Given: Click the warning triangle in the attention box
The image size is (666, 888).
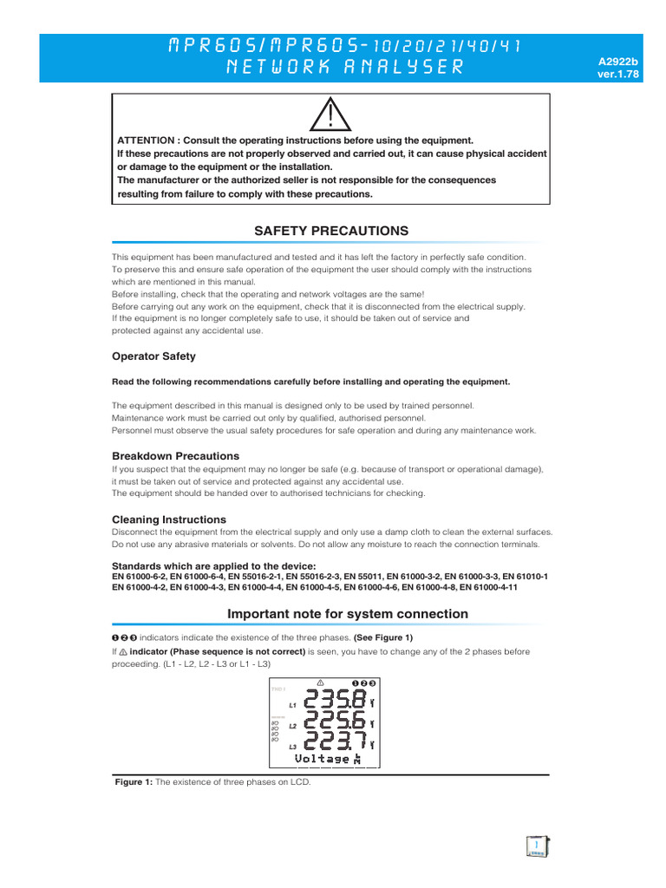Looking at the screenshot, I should tap(332, 115).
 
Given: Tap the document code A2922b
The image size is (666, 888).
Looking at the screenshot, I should tap(618, 62).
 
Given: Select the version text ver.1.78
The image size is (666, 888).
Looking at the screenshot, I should tap(618, 75).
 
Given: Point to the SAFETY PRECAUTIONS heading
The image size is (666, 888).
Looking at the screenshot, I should tap(330, 231).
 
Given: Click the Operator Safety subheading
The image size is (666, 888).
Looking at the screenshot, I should tap(153, 356).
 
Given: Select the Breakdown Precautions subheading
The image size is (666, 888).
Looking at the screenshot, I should tap(175, 456).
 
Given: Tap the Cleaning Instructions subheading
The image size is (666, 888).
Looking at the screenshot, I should tap(169, 519).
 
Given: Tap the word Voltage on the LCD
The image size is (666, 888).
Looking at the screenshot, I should tap(322, 759).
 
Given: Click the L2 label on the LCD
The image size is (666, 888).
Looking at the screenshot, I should tap(293, 726).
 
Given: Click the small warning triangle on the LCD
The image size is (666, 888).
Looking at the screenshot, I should tap(321, 682).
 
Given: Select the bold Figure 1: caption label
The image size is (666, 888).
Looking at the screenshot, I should tap(134, 782).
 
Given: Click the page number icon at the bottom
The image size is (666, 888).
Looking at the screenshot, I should tap(538, 846).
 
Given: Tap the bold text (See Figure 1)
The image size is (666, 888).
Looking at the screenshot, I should tap(383, 637).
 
